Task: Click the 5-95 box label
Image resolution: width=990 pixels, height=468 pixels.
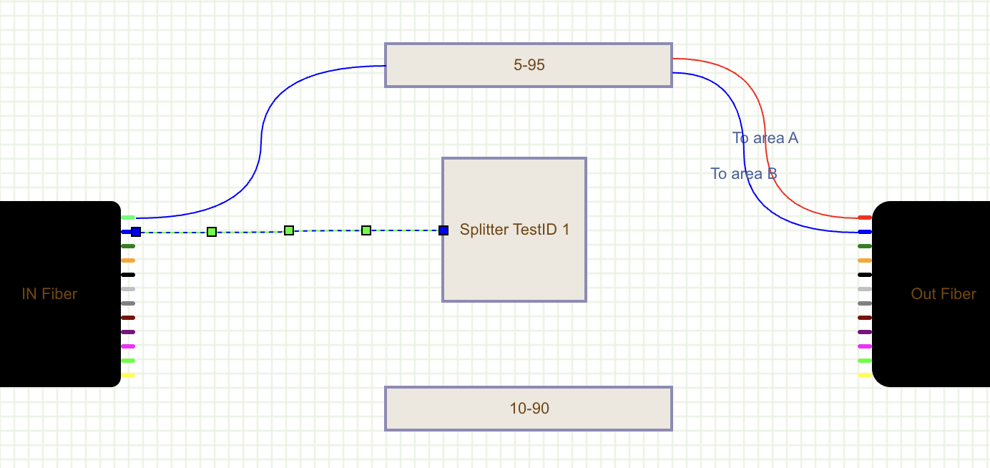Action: point(529,65)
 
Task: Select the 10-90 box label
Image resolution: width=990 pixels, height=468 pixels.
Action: point(529,409)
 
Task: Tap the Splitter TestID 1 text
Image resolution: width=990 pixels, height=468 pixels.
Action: point(514,230)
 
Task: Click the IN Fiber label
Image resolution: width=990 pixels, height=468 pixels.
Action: point(49,293)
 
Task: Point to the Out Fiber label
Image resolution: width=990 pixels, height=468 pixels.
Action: point(943,293)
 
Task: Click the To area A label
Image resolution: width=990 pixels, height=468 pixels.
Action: point(765,138)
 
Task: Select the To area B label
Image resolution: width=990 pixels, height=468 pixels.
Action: point(744,174)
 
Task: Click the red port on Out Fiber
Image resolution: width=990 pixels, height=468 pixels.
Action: point(865,218)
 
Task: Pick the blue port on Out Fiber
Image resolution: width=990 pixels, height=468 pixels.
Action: point(865,232)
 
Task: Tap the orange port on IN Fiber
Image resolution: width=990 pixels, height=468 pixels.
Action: point(128,260)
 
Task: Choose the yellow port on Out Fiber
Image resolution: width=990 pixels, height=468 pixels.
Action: point(865,375)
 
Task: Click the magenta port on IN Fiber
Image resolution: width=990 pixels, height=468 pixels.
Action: point(128,346)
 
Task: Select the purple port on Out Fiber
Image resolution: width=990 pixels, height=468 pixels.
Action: point(865,332)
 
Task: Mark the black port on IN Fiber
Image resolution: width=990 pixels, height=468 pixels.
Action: point(128,275)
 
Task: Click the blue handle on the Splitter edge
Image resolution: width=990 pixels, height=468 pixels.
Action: point(443,230)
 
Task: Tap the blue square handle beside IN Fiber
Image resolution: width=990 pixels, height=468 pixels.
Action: point(136,232)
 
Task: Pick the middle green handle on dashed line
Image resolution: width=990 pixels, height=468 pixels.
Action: point(289,230)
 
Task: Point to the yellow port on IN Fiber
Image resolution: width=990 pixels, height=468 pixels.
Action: point(128,375)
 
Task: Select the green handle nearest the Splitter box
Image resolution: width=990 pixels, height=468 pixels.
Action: point(366,230)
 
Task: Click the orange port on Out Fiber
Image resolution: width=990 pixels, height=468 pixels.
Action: point(865,260)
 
